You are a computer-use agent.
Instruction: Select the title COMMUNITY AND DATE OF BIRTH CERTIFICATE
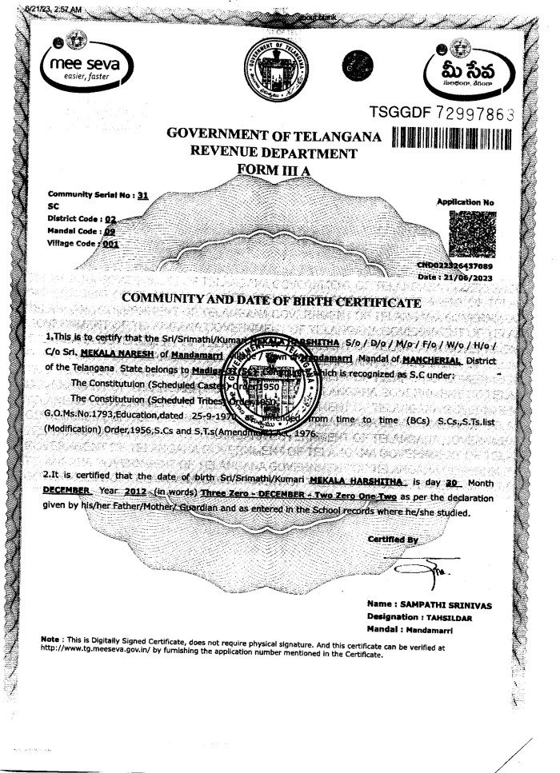click(271, 300)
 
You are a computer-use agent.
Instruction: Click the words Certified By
click(394, 539)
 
